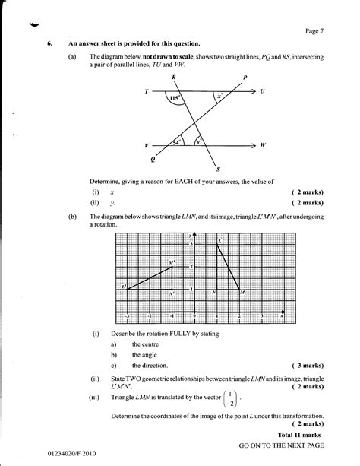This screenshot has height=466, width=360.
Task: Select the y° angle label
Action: (198, 141)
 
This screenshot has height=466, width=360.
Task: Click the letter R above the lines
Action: (174, 78)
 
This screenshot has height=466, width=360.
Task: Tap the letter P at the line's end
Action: (245, 78)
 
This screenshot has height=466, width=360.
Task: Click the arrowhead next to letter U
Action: (253, 91)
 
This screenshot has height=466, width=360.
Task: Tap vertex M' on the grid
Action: (172, 264)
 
